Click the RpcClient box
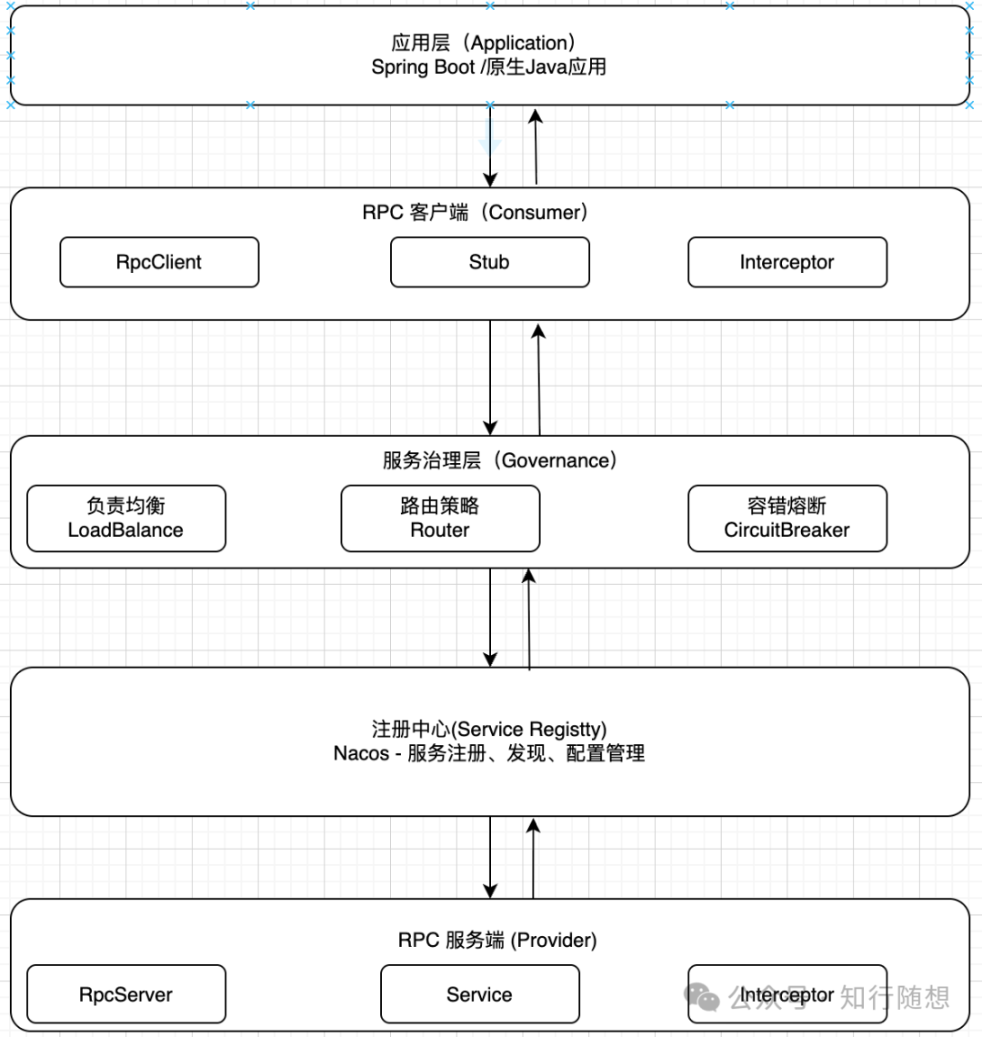point(159,262)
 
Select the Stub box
point(489,262)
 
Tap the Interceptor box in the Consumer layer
point(787,262)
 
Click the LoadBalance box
point(125,518)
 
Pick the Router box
point(440,518)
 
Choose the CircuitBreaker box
point(787,518)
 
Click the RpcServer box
point(125,994)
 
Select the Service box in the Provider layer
point(479,994)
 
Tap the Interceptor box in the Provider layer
point(787,994)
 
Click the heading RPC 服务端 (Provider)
point(497,941)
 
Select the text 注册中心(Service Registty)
point(489,730)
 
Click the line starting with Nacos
point(489,753)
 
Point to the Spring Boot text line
point(488,67)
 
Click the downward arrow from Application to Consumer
point(490,146)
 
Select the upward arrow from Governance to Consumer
point(539,378)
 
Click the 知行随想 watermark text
point(895,997)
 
